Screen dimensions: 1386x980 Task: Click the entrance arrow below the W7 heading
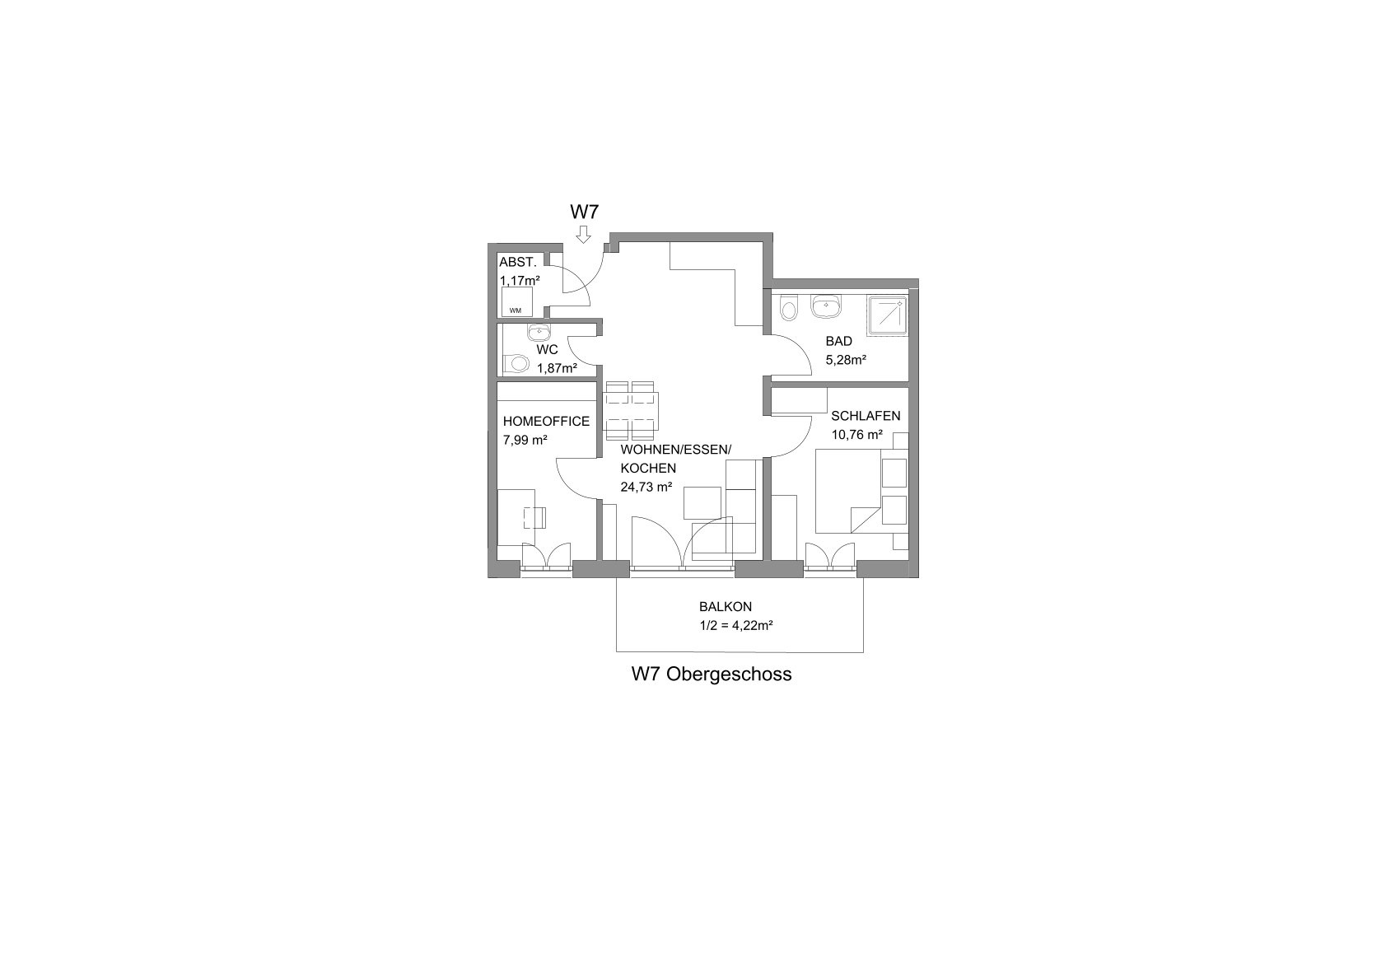tap(583, 235)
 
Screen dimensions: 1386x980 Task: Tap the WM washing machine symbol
tap(516, 302)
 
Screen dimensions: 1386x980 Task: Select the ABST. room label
tap(518, 262)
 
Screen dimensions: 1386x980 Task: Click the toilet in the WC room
tap(516, 363)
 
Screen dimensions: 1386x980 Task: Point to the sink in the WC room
tap(539, 333)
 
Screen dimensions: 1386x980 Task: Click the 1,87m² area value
tap(557, 369)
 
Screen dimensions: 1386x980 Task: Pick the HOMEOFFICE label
tap(546, 422)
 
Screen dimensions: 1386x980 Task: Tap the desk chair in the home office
tap(534, 517)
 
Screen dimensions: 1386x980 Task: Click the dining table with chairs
tap(631, 409)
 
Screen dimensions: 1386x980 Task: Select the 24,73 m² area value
tap(646, 487)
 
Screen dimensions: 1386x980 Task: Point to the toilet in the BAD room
tap(788, 307)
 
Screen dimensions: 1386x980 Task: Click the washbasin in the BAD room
tap(827, 306)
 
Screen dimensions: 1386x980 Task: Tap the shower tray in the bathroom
tap(887, 316)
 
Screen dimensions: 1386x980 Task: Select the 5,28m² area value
tap(846, 360)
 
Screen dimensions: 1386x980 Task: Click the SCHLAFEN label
tap(866, 416)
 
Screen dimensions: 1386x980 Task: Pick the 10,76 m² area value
tap(857, 435)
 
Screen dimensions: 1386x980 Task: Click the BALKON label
tap(726, 607)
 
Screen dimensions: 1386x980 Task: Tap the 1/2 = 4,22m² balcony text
tap(736, 626)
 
